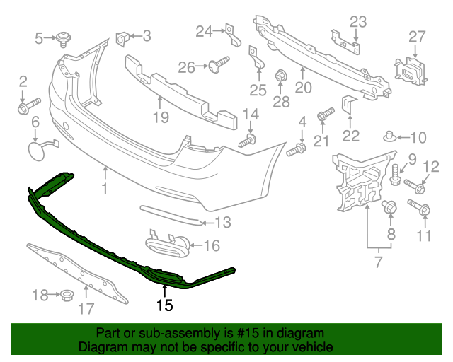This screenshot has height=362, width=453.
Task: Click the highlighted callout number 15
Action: (165, 305)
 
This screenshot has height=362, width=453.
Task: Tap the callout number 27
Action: (417, 36)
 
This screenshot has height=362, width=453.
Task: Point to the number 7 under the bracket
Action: (378, 263)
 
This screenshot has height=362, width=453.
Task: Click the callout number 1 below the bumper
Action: (105, 189)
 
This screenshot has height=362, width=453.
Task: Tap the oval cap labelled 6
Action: (37, 150)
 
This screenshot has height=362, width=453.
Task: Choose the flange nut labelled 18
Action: (67, 293)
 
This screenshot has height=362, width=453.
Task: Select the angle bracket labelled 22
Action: (348, 105)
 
